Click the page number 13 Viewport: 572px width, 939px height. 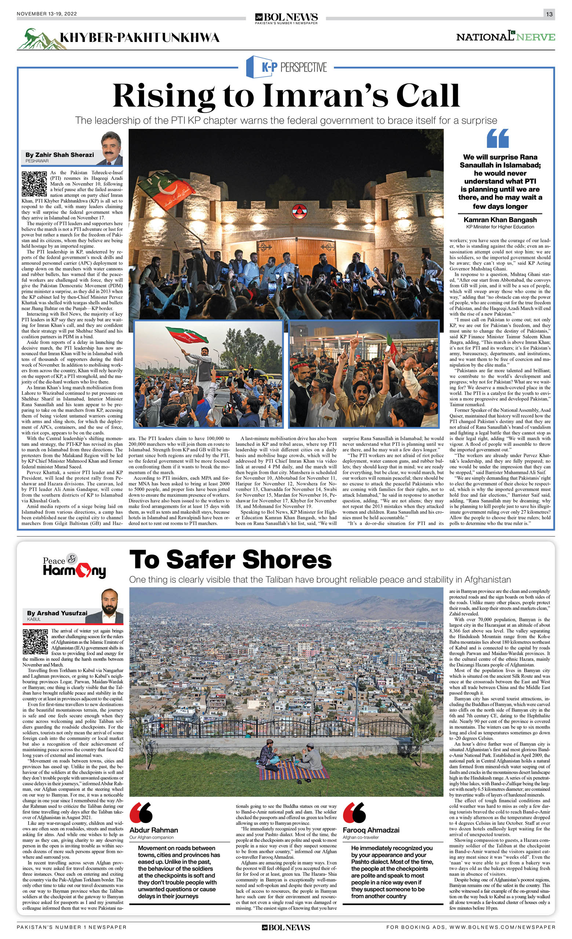549,14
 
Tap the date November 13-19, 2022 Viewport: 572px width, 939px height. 47,14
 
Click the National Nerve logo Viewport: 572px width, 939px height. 505,37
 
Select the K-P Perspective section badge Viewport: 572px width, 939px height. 287,67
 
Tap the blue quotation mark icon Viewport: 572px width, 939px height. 498,138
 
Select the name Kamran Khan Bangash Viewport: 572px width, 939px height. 500,220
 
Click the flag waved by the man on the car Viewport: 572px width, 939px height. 187,334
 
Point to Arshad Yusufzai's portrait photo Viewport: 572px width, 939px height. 109,606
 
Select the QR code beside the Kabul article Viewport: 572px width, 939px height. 36,641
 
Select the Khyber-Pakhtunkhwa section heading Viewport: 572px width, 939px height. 139,37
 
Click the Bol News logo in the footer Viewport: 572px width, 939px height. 286,928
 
